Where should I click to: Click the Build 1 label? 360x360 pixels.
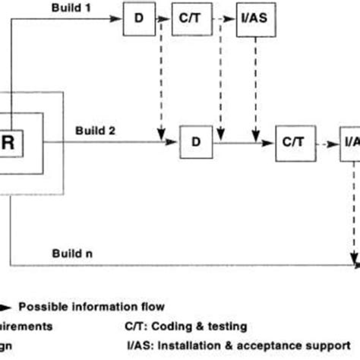click(71, 7)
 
